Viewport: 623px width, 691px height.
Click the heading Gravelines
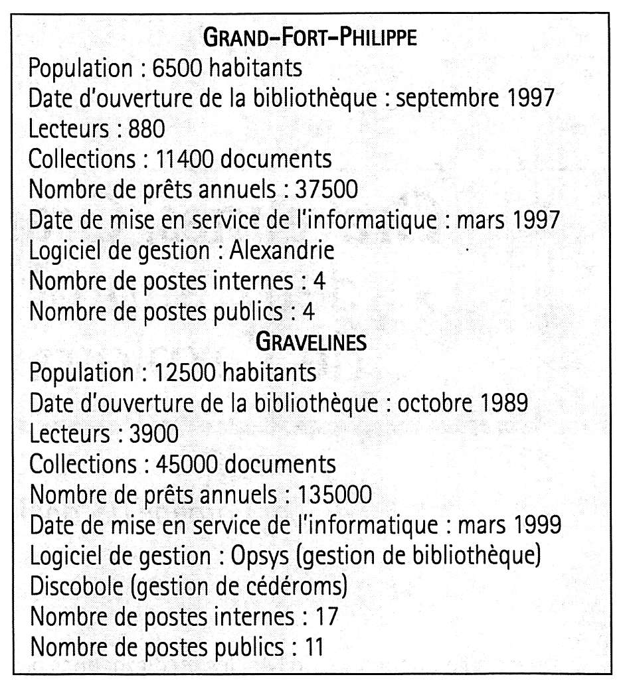310,342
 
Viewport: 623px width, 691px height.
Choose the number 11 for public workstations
313,647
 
